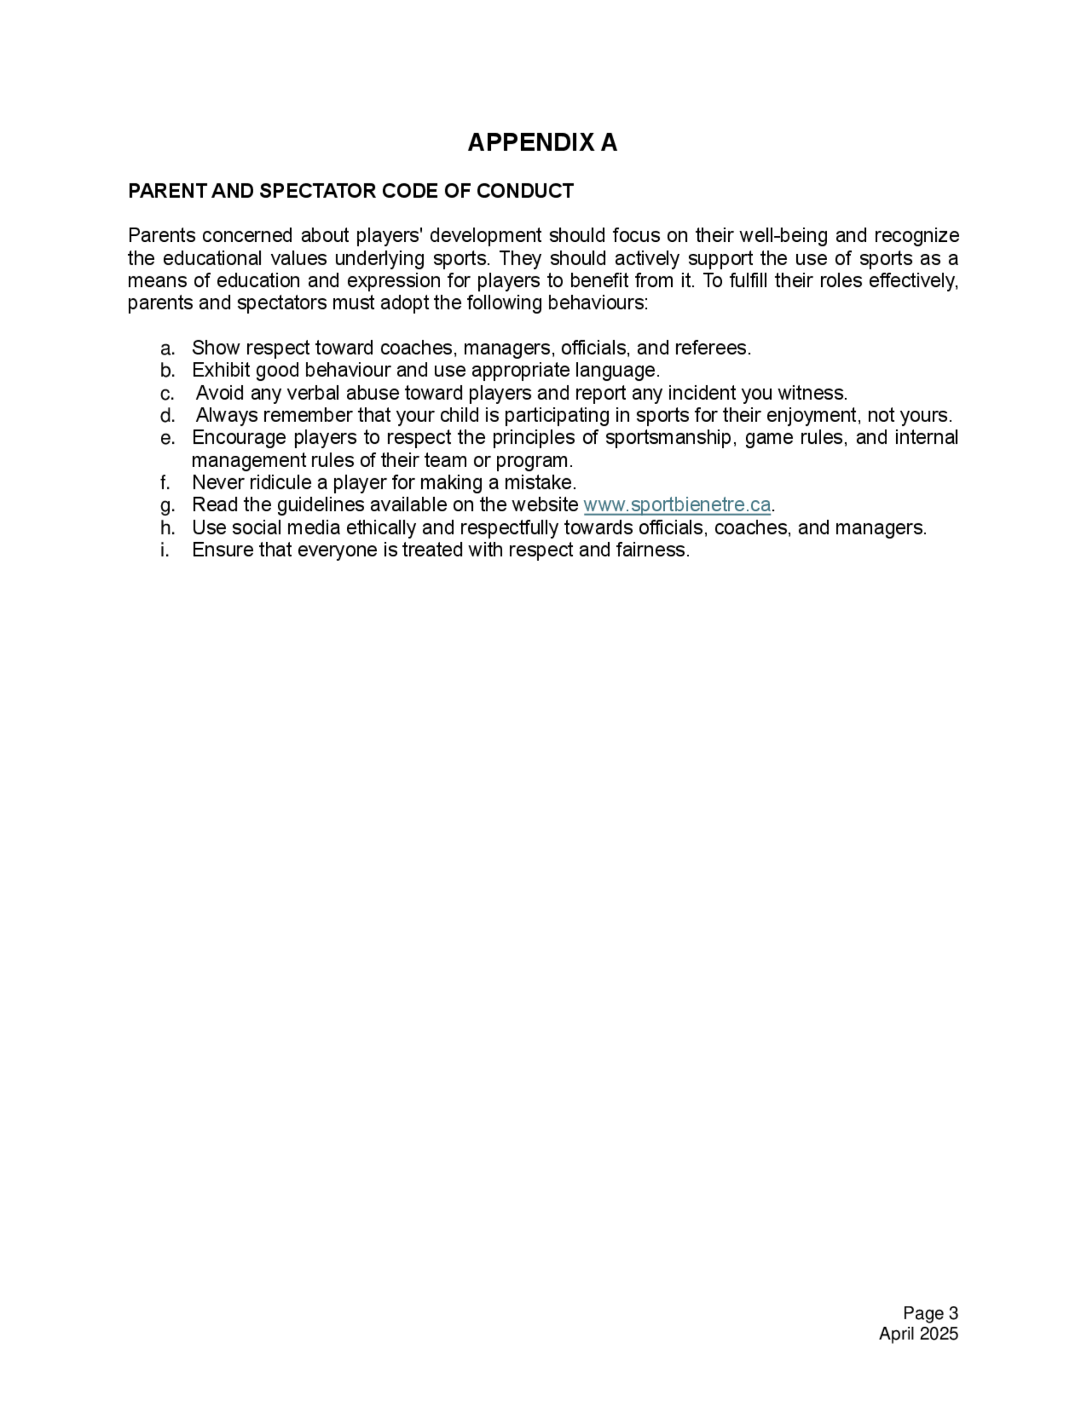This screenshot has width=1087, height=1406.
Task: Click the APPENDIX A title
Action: pyautogui.click(x=542, y=142)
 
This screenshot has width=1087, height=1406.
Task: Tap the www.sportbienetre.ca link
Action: pyautogui.click(x=676, y=505)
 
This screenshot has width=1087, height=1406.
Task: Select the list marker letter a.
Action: pyautogui.click(x=167, y=348)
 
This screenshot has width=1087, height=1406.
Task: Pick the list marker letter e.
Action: pyautogui.click(x=167, y=438)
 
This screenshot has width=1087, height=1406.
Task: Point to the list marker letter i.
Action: pyautogui.click(x=165, y=550)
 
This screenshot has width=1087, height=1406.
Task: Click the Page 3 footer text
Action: pyautogui.click(x=930, y=1313)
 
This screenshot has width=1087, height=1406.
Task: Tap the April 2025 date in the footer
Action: pyautogui.click(x=919, y=1333)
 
